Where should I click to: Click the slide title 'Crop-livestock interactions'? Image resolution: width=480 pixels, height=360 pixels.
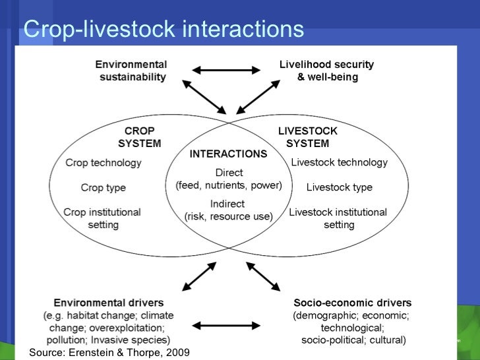coord(164,29)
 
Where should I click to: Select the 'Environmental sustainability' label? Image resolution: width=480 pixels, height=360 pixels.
coord(131,71)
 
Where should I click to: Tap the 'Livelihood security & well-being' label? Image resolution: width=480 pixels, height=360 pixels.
coord(326,71)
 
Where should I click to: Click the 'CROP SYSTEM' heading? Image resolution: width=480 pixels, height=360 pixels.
coord(139,137)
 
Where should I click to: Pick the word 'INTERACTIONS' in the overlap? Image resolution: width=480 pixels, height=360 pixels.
coord(228,154)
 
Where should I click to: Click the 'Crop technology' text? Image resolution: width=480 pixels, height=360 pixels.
coord(104,162)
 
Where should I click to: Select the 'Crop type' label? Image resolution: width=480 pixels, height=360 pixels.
coord(104,188)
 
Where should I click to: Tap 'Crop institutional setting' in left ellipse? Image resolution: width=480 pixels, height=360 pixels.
coord(102,218)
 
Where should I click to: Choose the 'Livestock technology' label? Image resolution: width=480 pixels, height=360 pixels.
coord(339,162)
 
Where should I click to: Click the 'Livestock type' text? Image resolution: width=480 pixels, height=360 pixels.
coord(339,188)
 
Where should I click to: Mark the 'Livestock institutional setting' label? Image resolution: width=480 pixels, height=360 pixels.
coord(338,218)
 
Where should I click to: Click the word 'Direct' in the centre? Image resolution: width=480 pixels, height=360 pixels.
coord(229,173)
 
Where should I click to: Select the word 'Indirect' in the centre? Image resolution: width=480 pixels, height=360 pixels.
coord(227,204)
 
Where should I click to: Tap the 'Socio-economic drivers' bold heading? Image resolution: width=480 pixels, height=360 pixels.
coord(352,303)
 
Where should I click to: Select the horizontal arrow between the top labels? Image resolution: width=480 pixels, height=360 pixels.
coord(226,69)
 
